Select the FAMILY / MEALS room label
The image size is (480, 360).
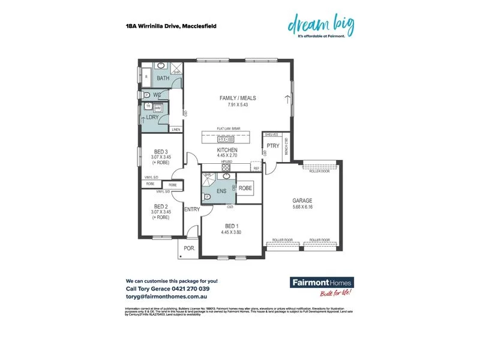(237, 98)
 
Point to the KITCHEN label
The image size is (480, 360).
(227, 150)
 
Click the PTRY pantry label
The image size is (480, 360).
(273, 145)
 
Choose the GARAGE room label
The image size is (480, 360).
(302, 201)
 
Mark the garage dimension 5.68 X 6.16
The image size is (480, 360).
(302, 208)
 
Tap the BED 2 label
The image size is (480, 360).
(162, 205)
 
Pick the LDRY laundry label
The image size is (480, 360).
(152, 117)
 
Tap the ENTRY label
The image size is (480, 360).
(191, 209)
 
